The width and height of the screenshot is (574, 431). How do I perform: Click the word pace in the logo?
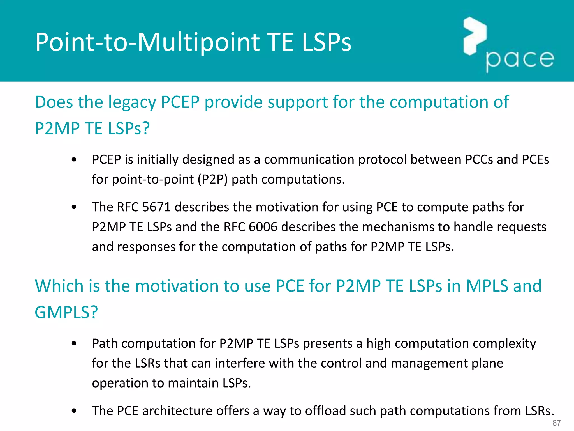click(520, 59)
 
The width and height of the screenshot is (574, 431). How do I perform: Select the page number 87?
click(556, 423)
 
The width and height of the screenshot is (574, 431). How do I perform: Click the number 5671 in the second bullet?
click(156, 207)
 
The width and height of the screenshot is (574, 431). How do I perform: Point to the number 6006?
click(263, 227)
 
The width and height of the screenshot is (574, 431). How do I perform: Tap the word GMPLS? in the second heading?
click(66, 312)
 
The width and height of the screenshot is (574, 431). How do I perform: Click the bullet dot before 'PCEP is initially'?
click(74, 160)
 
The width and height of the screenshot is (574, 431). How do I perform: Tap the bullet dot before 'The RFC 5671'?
click(74, 207)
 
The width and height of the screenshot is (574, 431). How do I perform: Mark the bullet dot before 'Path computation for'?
click(74, 343)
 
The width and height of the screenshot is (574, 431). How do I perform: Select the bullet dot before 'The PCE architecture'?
click(74, 411)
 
